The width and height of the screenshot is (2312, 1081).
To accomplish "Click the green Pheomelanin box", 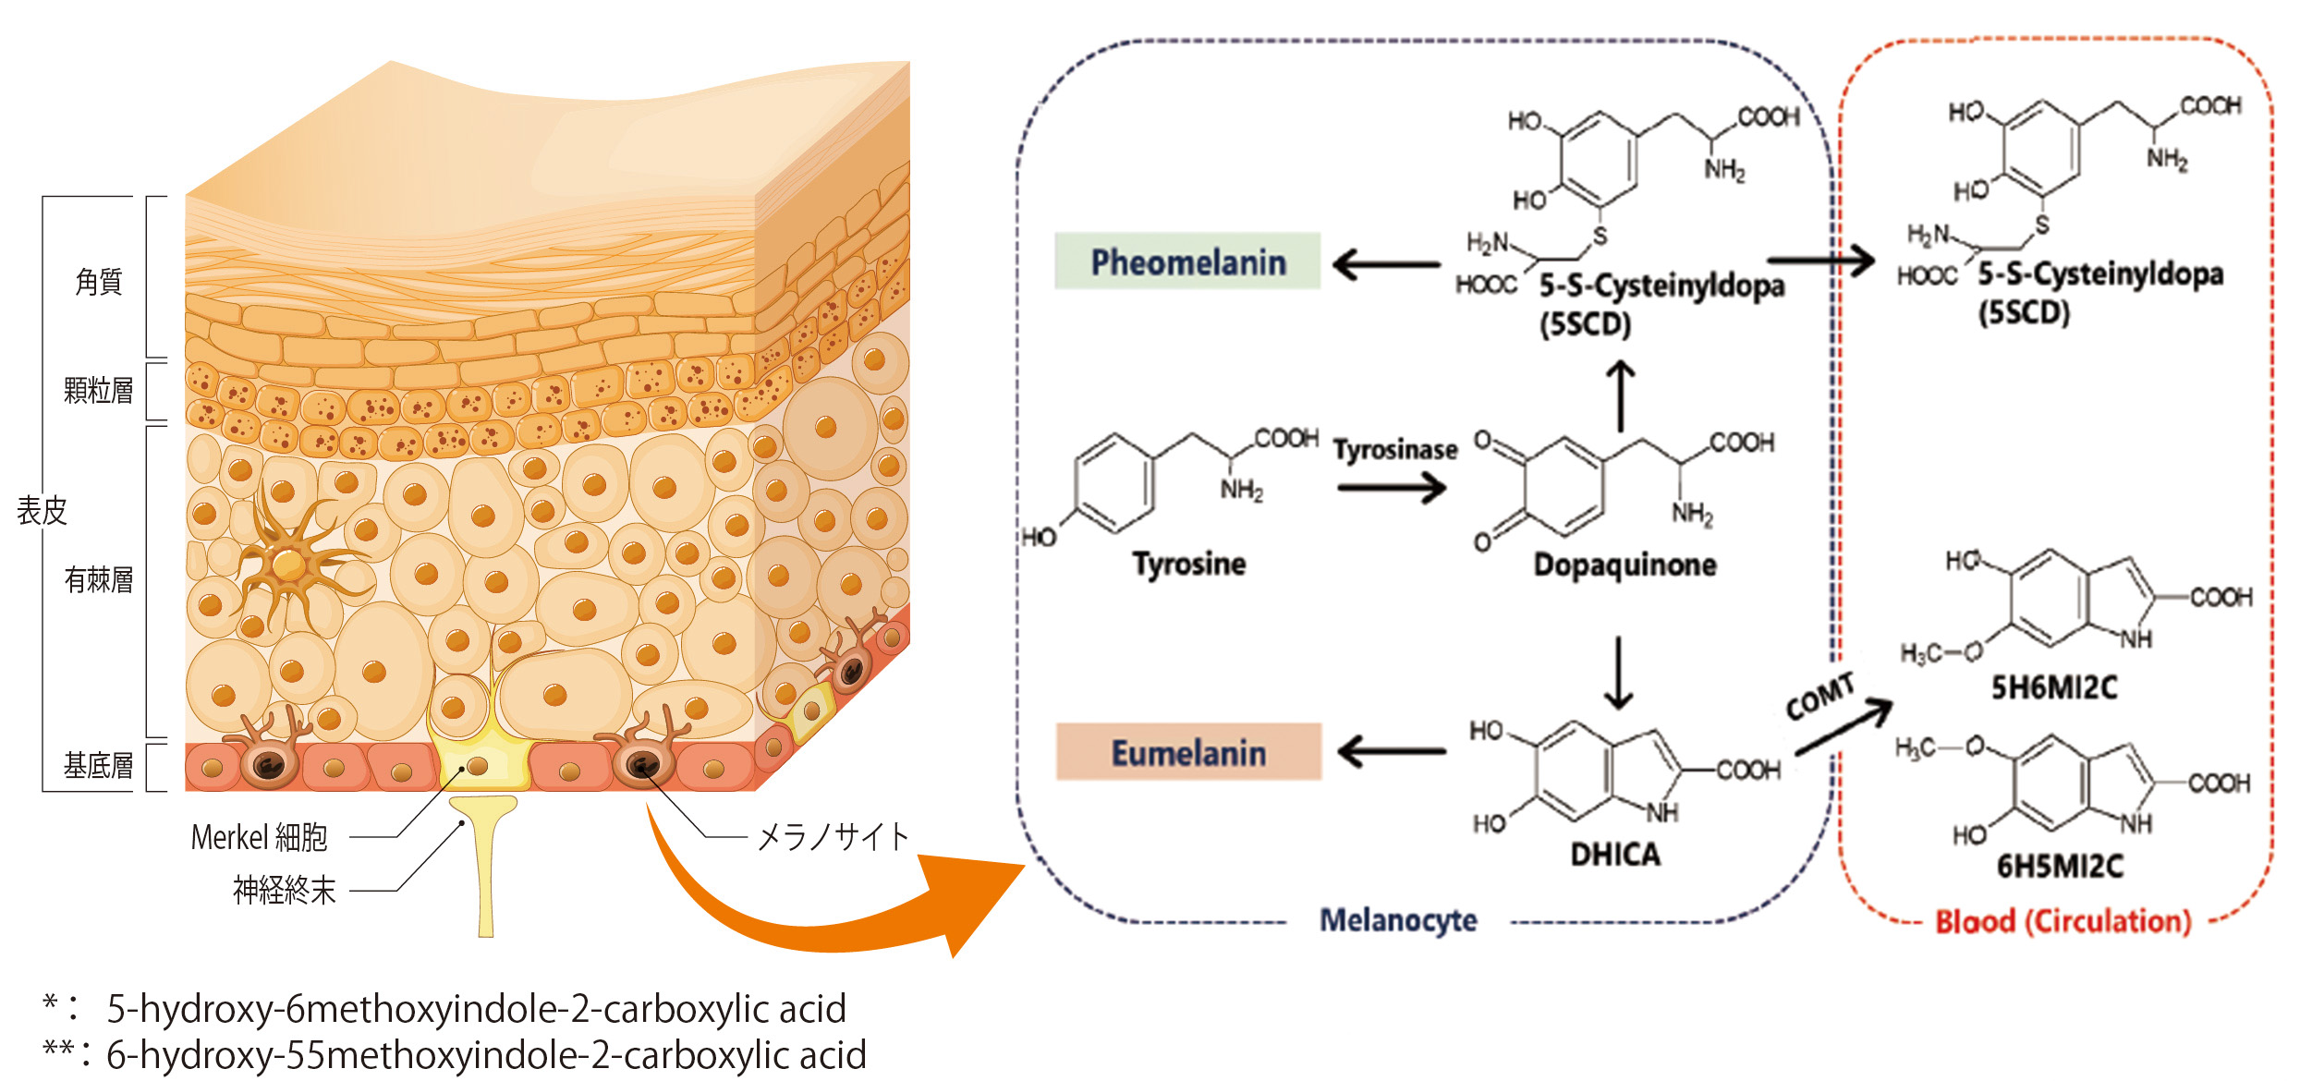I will click(1187, 261).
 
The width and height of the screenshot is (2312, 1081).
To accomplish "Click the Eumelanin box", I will click(1188, 752).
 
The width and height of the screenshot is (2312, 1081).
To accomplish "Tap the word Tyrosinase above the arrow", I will click(1394, 450).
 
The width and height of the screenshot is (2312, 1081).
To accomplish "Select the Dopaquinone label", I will click(1624, 565).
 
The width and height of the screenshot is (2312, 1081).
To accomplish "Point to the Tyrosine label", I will click(1189, 564).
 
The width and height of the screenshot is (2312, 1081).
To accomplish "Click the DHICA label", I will click(1615, 855).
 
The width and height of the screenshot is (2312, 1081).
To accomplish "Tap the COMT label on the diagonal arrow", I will click(1819, 696).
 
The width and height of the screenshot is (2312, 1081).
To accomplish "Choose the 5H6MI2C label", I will click(2053, 687).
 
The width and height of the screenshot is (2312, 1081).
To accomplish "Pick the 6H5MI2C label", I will click(2060, 866).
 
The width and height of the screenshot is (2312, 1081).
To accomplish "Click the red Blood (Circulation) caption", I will click(2063, 921).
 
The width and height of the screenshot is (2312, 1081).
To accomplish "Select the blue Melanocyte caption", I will click(1397, 920).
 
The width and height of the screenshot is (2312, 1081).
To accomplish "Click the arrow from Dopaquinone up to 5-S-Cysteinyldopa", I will click(1620, 395).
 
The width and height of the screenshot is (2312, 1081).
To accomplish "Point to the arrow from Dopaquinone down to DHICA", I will click(1618, 672).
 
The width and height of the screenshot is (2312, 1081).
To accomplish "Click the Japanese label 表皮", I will click(42, 510).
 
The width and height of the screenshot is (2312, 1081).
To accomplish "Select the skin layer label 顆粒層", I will click(98, 391).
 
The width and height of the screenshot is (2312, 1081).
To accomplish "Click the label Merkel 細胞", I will click(259, 837).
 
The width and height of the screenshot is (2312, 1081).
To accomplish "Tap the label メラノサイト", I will click(833, 837).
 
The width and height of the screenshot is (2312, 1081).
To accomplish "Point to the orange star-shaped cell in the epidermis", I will click(288, 563).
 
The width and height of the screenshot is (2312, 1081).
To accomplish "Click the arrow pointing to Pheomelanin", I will click(1386, 265).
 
